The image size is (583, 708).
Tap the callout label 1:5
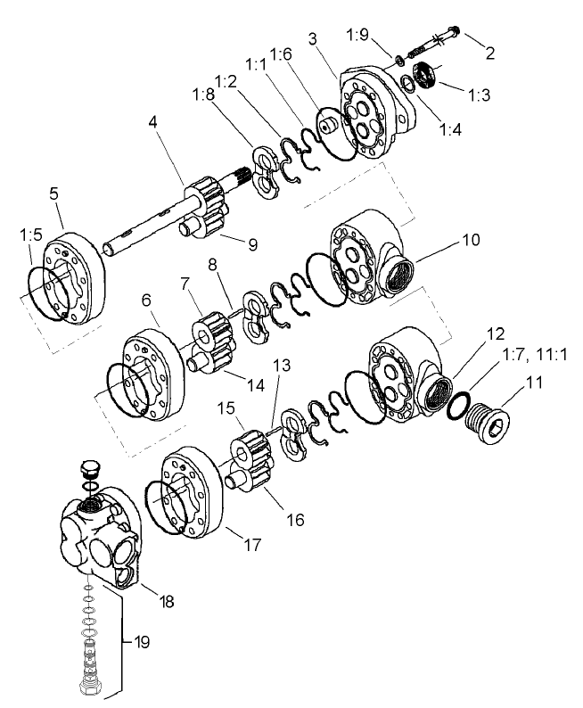tap(29, 236)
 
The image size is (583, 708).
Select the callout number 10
tap(470, 240)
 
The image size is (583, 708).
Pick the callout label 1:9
tap(357, 35)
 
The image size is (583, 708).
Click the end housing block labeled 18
tap(98, 544)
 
